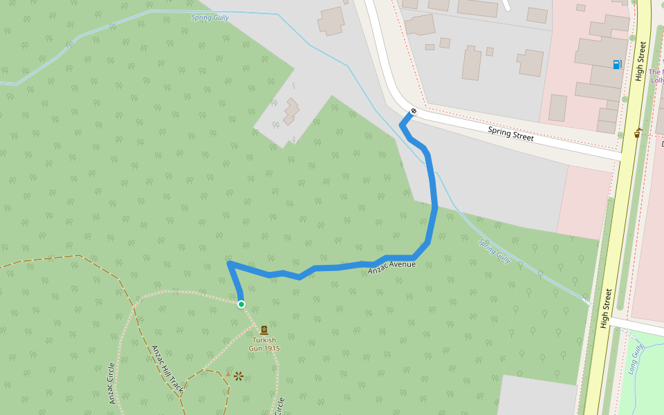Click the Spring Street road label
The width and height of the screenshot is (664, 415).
(510, 133)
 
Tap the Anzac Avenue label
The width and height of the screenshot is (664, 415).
(391, 267)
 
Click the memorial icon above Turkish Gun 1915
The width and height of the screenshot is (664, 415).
(264, 330)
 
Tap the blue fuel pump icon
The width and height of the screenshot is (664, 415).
(617, 64)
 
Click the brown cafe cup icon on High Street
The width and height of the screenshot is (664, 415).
(637, 133)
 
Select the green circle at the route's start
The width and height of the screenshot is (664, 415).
(241, 304)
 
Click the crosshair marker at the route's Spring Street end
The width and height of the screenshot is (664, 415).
(414, 111)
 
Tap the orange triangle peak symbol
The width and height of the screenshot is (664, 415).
(228, 374)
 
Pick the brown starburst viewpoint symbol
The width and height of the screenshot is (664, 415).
(239, 376)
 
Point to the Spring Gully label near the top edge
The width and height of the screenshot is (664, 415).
(210, 17)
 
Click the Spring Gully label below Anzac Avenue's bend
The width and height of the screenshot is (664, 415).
(495, 251)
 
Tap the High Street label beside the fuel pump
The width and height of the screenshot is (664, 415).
(642, 61)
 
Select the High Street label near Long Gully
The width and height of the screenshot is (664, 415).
(607, 308)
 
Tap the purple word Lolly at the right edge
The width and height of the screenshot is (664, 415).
(656, 80)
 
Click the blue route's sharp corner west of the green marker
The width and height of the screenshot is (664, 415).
(229, 264)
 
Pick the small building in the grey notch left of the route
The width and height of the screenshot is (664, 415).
(291, 112)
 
